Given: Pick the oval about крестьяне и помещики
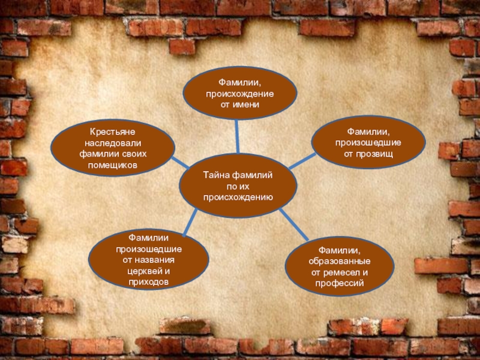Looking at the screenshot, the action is [x=113, y=148].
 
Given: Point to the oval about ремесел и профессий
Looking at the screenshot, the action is [x=339, y=265].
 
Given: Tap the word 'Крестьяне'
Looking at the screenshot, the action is [x=113, y=131].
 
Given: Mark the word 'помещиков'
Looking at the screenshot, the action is [x=113, y=164].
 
